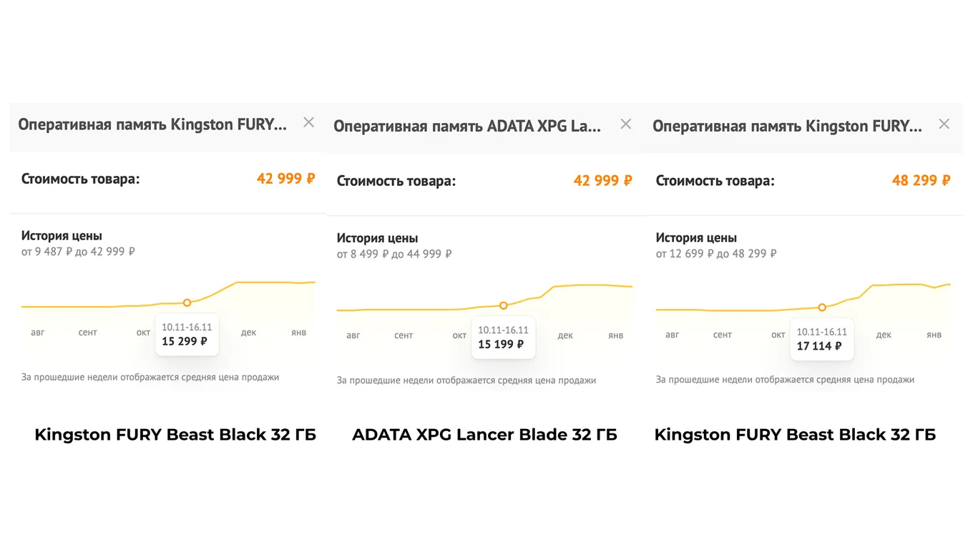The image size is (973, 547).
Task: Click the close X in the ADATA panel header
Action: [625, 124]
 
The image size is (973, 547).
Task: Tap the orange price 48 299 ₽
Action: [921, 180]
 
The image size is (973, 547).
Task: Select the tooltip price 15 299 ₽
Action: [185, 341]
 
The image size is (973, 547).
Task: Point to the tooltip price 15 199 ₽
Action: [501, 344]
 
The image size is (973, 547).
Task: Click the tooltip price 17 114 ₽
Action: [819, 346]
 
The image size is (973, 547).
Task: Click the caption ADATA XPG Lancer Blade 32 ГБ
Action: [484, 435]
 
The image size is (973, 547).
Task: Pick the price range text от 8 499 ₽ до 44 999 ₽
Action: [394, 254]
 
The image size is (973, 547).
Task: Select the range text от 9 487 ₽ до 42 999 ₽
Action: [78, 252]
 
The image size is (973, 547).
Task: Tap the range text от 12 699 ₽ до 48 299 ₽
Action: [716, 254]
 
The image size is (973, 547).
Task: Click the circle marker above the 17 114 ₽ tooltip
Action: [822, 307]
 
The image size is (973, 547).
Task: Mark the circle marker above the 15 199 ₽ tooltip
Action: [504, 305]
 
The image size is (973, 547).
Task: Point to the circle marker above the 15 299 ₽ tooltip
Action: [187, 302]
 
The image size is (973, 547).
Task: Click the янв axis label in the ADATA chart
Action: [615, 335]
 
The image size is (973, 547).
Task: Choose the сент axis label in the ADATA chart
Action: [404, 335]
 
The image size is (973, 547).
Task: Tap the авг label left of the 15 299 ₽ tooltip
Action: [37, 332]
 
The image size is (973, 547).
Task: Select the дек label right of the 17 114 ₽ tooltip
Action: [884, 335]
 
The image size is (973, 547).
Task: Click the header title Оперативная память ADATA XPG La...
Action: [467, 126]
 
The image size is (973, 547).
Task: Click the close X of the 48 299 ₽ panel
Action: [944, 124]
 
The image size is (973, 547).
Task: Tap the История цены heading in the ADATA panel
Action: [377, 238]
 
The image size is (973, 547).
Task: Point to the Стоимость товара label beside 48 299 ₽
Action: [715, 181]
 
